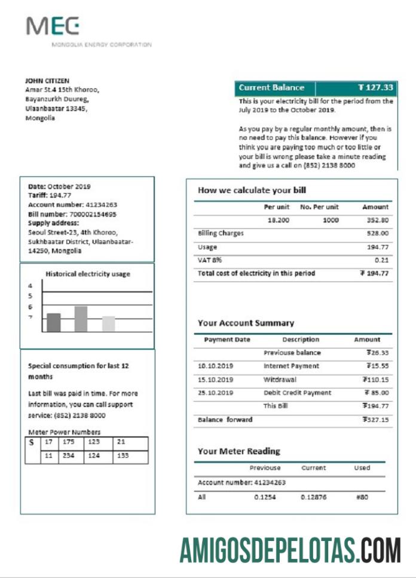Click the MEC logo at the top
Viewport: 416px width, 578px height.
point(53,26)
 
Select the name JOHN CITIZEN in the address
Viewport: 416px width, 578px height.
point(47,81)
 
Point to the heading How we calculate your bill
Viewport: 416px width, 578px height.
point(252,190)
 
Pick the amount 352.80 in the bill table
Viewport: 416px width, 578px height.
point(377,220)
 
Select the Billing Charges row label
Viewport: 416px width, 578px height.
point(221,234)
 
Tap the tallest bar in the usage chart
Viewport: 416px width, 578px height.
point(81,319)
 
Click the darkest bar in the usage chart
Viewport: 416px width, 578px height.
point(54,322)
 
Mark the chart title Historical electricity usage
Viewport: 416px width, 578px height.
point(88,274)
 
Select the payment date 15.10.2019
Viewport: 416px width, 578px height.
point(215,380)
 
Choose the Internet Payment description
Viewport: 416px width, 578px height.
point(291,366)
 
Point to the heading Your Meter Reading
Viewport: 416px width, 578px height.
point(238,451)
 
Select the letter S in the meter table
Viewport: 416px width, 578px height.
point(31,444)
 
